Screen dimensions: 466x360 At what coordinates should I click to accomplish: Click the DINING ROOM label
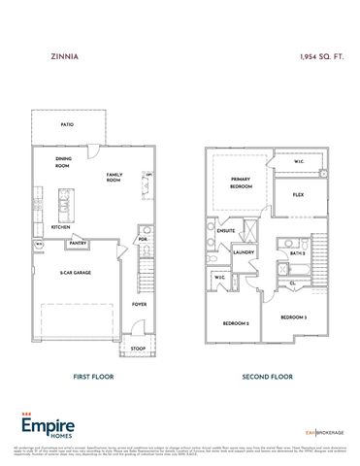click(x=63, y=162)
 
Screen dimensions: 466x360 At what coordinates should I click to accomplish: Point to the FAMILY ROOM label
click(x=114, y=177)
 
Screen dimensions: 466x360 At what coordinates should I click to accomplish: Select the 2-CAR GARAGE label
click(x=75, y=274)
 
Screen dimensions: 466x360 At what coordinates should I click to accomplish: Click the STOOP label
click(x=139, y=348)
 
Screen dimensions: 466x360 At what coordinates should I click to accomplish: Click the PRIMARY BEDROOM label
click(x=240, y=182)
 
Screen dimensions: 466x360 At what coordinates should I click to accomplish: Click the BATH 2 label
click(x=298, y=252)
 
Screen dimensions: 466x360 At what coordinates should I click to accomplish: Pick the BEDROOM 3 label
click(x=294, y=317)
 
